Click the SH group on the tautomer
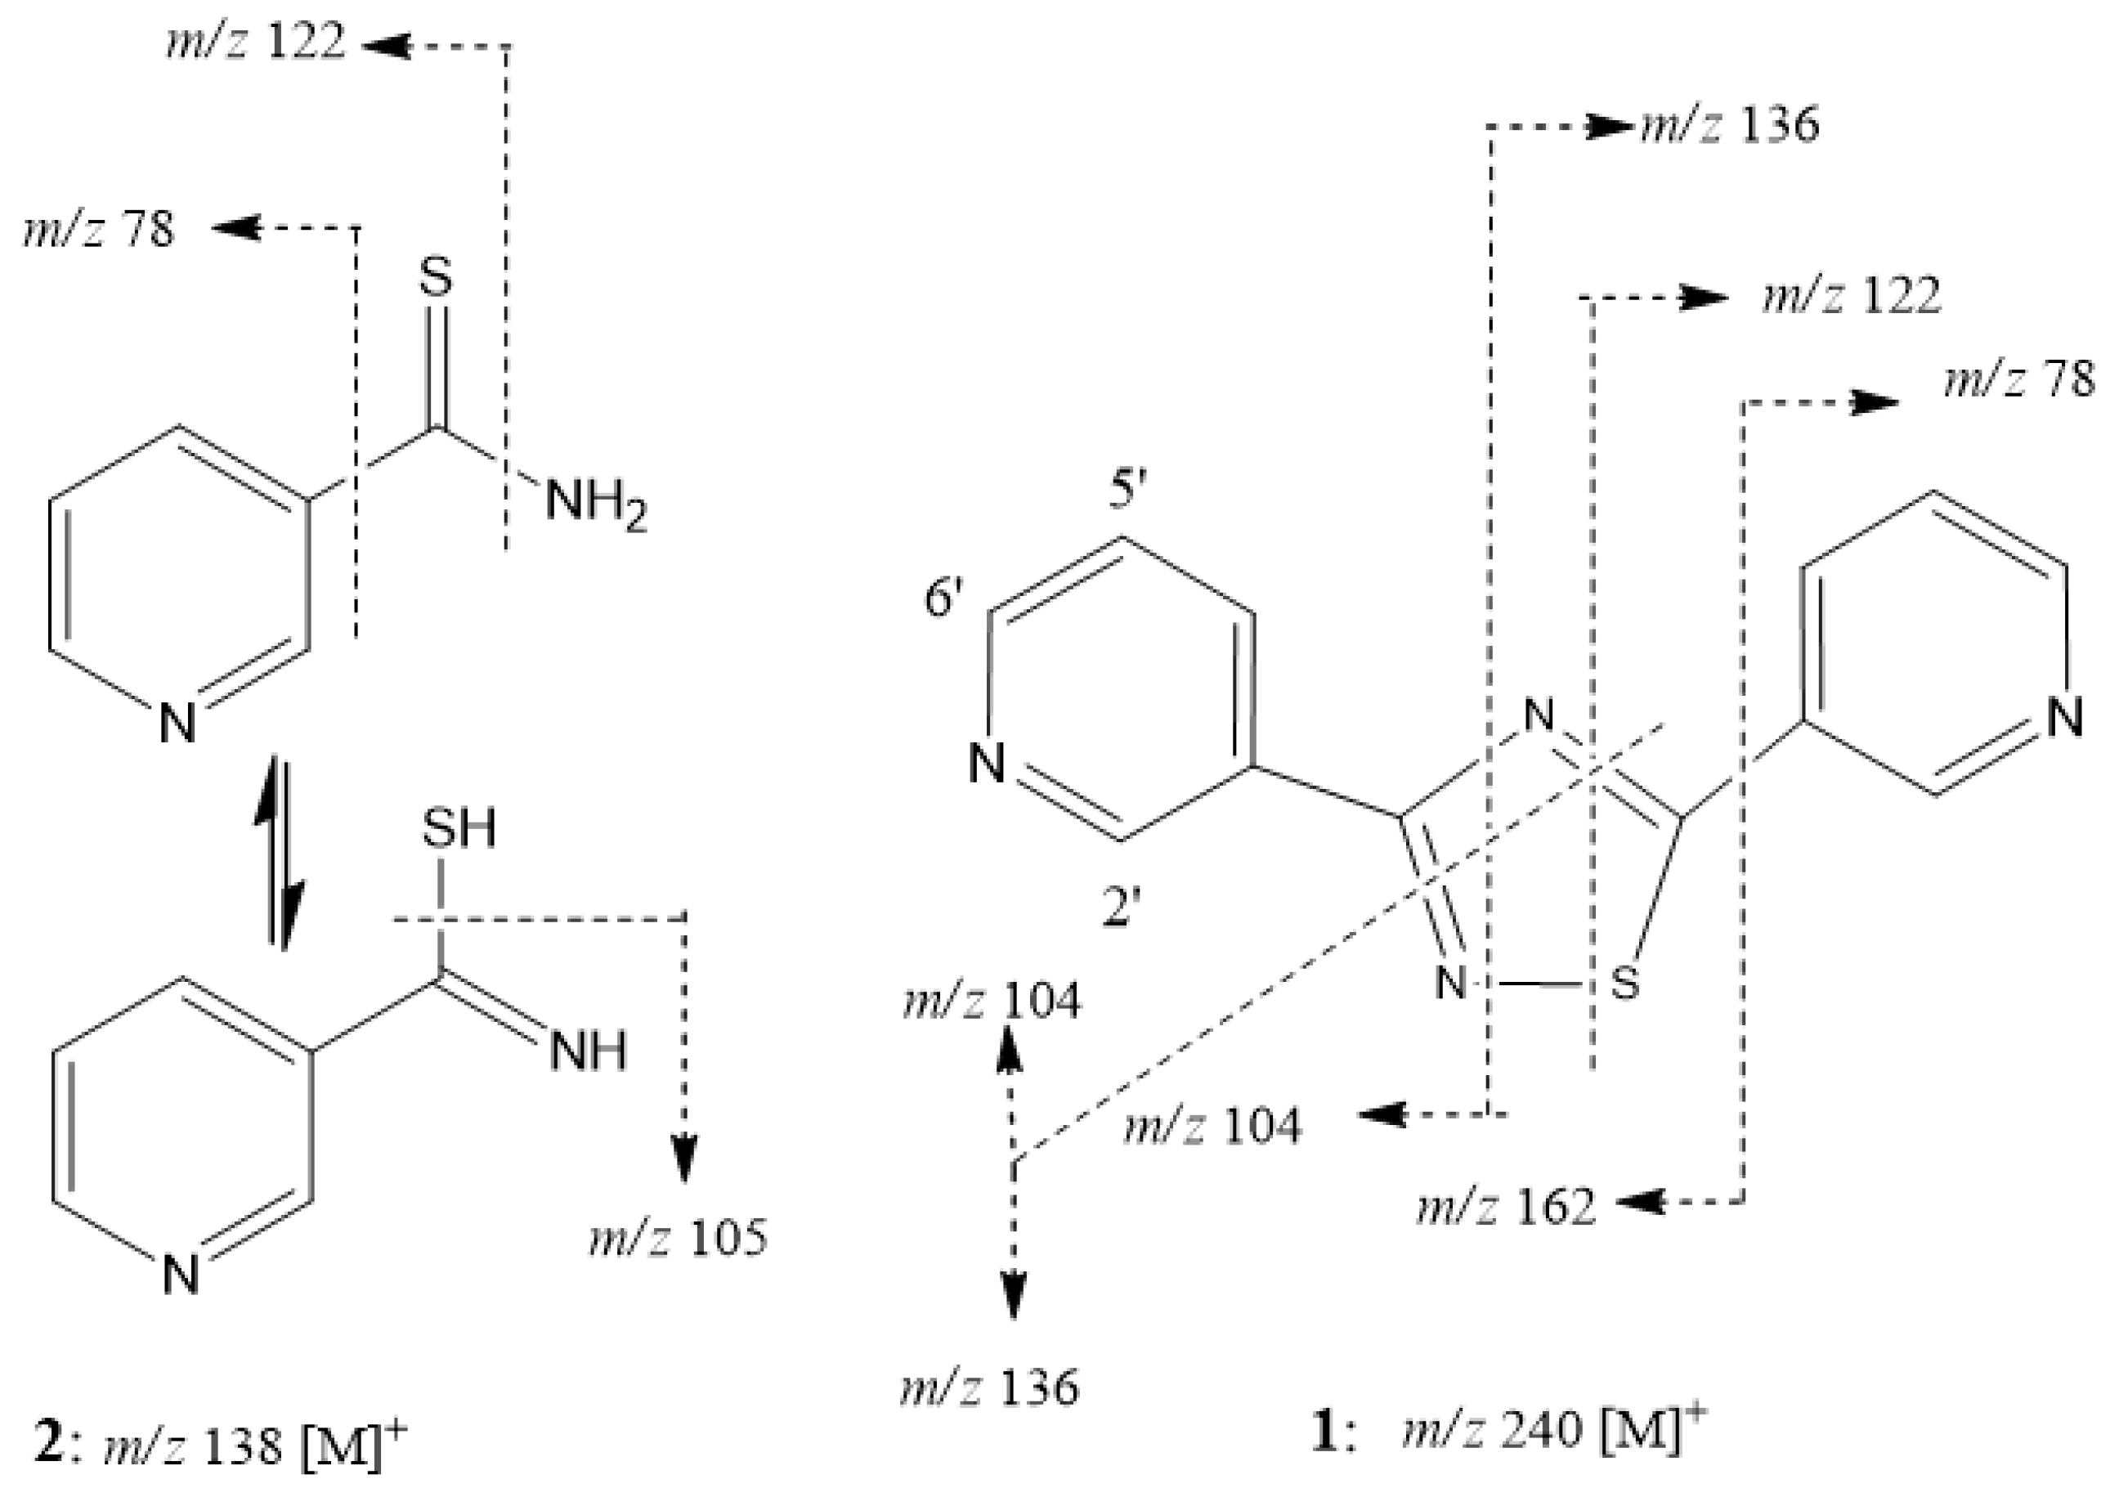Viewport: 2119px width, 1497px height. pos(459,828)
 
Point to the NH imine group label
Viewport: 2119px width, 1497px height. pos(588,1051)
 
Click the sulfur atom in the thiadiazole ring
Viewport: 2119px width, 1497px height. pos(1624,984)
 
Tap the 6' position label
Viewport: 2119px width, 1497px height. pos(943,599)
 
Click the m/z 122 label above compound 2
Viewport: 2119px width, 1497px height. pos(256,43)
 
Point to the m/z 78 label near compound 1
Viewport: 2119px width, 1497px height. pos(2018,380)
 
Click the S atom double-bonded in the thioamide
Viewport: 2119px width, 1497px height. pos(437,276)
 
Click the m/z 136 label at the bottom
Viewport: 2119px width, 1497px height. pos(989,1387)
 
